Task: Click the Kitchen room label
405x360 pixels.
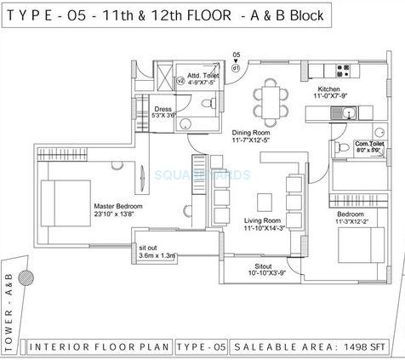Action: [329, 89]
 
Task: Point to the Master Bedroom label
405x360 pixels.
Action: [118, 207]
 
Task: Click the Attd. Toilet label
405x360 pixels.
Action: [194, 75]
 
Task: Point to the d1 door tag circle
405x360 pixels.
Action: [236, 68]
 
